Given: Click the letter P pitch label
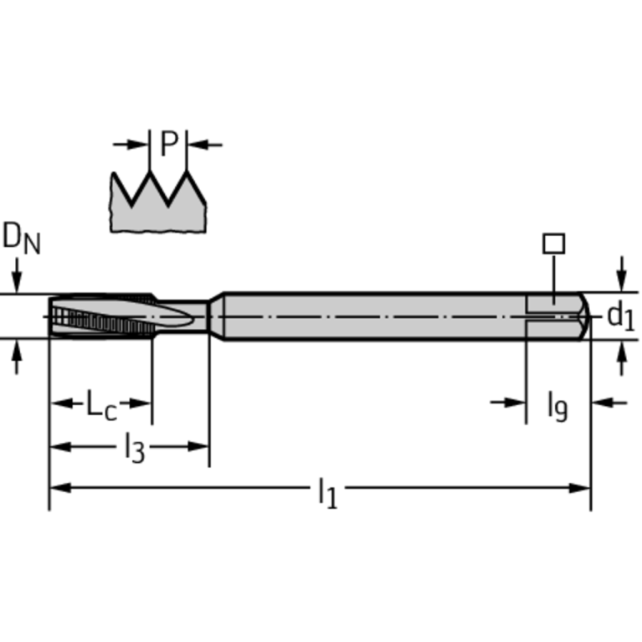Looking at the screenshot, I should point(169,145).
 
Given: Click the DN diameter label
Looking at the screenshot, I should point(21,239).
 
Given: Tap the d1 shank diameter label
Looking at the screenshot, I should point(620,316).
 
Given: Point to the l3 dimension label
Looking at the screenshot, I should point(134,449).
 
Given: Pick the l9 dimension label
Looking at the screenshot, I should point(557,405).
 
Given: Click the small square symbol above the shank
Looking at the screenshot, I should point(553,244).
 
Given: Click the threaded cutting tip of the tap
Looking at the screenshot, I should point(100,316).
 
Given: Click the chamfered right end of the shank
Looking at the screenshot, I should point(584,316).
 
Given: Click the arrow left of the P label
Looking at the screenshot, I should point(131,145).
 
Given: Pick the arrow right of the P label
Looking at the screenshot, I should point(205,145).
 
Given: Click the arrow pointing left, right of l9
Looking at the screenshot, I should point(608,403).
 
